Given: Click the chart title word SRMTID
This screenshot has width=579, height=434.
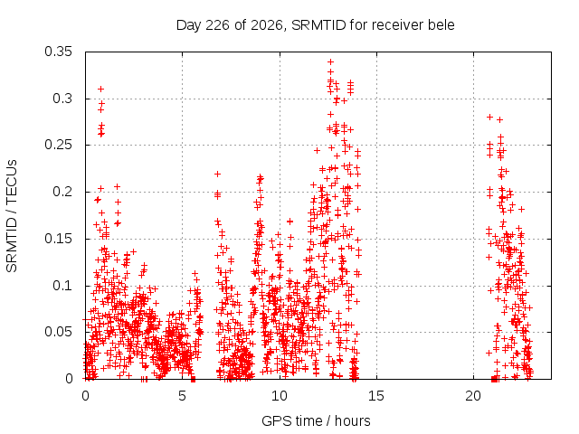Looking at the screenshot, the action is pos(318,25).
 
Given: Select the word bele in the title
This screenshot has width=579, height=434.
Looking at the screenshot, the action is pos(441,25).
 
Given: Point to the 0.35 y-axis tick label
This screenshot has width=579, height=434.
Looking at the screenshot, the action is pos(58,52).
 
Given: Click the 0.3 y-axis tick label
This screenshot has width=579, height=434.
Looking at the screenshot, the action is pos(62,99).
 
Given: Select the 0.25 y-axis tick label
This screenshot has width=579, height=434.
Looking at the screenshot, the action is pos(58,145).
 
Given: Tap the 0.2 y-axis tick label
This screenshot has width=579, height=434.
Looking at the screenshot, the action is pos(62,192).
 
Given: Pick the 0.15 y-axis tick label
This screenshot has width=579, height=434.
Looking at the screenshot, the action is pos(58,239).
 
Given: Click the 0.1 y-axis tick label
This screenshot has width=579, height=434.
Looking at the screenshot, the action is pos(62,286).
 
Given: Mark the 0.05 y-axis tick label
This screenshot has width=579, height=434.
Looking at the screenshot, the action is pos(58,332).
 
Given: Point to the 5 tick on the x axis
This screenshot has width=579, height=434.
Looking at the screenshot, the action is pos(182,396).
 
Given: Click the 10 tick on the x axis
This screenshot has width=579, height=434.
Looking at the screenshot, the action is pos(280,396).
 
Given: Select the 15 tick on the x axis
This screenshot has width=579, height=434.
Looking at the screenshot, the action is pos(376,396).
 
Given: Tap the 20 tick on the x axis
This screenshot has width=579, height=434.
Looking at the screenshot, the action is pos(473,396).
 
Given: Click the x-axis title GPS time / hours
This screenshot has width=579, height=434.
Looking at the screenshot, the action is pos(316,421).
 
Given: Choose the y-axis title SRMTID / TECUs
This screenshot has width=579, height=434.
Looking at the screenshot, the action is pos(12,216).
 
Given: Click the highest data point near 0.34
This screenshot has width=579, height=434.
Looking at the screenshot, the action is pos(331,61).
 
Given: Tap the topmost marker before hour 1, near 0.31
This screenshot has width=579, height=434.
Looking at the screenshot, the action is pos(100,89).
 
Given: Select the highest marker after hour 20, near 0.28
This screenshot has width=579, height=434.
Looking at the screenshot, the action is pos(490,117).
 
